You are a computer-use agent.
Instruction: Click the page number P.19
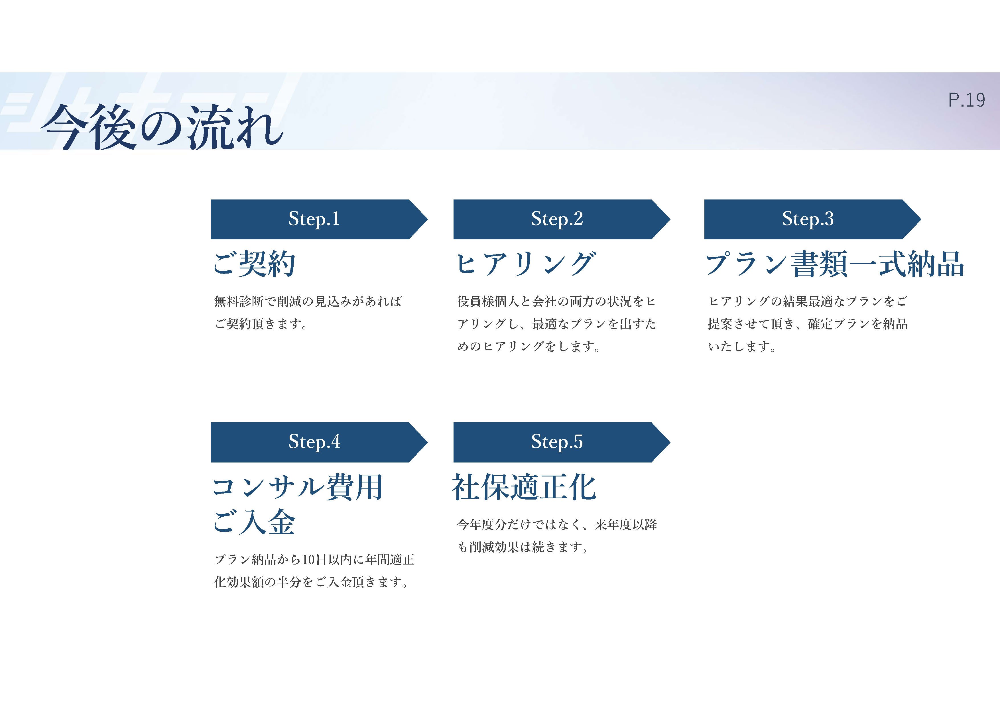point(966,100)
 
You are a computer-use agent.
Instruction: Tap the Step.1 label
point(314,219)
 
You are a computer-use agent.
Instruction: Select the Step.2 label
point(557,219)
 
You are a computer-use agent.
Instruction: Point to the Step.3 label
point(808,219)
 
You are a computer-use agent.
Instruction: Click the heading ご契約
point(254,264)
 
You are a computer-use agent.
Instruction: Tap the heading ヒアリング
point(525,264)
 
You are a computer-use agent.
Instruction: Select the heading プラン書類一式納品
point(834,264)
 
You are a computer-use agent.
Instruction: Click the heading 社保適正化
point(524,487)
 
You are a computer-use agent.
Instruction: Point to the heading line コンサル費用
point(298,487)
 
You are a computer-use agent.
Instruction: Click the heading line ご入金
point(254,522)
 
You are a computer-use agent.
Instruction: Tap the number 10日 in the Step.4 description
point(314,559)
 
